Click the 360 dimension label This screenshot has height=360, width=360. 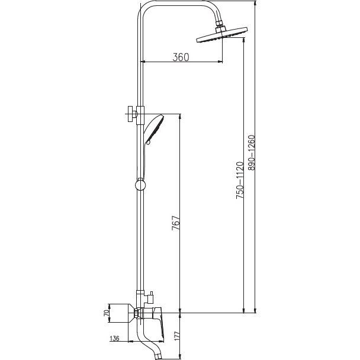(181, 57)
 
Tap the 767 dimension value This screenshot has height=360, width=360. (176, 223)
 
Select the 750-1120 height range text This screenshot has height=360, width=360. (240, 180)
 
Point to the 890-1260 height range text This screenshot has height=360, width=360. (252, 153)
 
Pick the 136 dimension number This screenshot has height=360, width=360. (115, 339)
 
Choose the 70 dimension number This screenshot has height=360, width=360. (106, 313)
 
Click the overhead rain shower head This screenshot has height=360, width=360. (222, 35)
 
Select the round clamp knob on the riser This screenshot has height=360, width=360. (140, 185)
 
